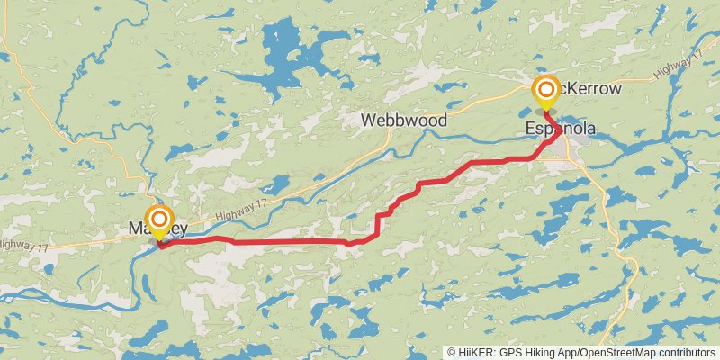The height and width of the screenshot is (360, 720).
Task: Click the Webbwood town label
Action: click(x=404, y=120)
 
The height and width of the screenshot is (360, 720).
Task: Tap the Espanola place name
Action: click(x=561, y=130)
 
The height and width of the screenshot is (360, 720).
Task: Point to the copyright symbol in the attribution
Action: click(x=452, y=352)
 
